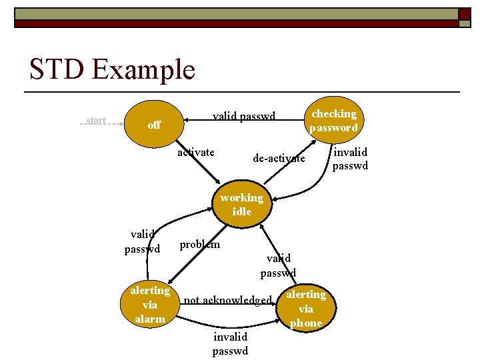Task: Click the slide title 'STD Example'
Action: click(x=112, y=69)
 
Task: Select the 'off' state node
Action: click(x=154, y=124)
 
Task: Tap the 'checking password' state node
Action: click(x=333, y=121)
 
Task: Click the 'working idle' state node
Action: click(x=241, y=204)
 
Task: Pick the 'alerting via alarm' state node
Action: click(x=150, y=305)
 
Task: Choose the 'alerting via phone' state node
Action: click(x=305, y=309)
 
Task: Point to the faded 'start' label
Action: click(x=97, y=121)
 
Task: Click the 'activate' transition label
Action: click(x=196, y=153)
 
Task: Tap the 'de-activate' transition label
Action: click(x=279, y=159)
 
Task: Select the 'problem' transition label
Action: click(x=200, y=245)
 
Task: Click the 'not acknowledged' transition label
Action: click(x=227, y=300)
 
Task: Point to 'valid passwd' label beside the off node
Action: click(x=244, y=117)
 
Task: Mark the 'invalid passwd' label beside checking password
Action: click(x=350, y=159)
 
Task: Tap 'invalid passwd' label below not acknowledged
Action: click(x=230, y=344)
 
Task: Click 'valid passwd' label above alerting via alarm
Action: click(x=143, y=241)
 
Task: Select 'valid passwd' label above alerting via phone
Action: click(x=278, y=265)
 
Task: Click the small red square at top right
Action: click(x=463, y=13)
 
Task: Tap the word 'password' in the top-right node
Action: click(x=333, y=127)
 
